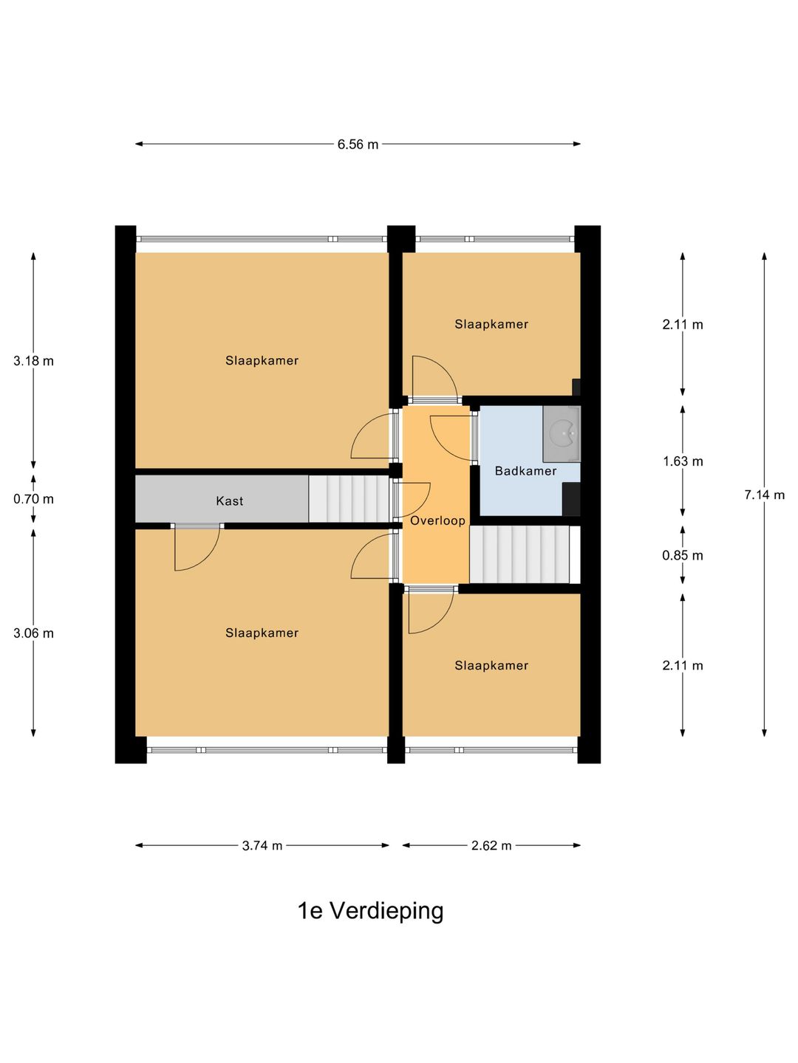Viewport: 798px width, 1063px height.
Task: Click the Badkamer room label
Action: pyautogui.click(x=525, y=471)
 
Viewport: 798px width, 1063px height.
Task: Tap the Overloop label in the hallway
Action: pyautogui.click(x=437, y=520)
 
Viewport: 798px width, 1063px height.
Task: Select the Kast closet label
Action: pyautogui.click(x=229, y=501)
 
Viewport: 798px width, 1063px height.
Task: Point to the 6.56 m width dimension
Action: pyautogui.click(x=358, y=145)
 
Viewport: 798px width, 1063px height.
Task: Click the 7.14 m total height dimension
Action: pyautogui.click(x=764, y=495)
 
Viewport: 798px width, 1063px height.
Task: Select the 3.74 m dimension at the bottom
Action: pyautogui.click(x=262, y=846)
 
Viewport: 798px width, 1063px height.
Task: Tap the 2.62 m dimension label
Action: pyautogui.click(x=491, y=846)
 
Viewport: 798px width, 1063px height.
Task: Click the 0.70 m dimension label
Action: pyautogui.click(x=33, y=499)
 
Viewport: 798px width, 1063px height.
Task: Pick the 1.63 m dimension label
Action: pyautogui.click(x=683, y=461)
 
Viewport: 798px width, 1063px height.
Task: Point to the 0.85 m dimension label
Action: pyautogui.click(x=683, y=556)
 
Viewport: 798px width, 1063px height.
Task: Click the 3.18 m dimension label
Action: pyautogui.click(x=33, y=361)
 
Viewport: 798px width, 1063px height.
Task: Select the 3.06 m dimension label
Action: pyautogui.click(x=33, y=633)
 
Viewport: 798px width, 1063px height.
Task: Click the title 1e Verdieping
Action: pyautogui.click(x=370, y=911)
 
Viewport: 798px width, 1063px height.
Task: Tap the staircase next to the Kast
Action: pyautogui.click(x=348, y=499)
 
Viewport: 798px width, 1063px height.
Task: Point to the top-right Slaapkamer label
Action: pyautogui.click(x=491, y=324)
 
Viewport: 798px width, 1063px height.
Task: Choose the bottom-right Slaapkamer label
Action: pyautogui.click(x=491, y=666)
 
